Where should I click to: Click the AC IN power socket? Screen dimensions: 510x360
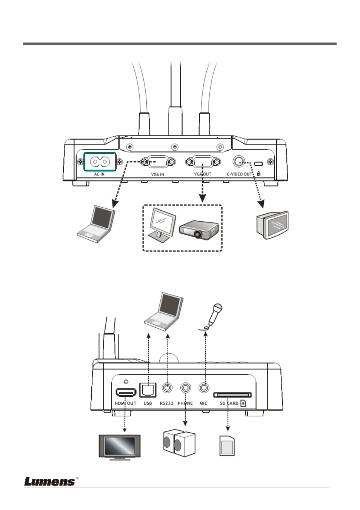click(99, 162)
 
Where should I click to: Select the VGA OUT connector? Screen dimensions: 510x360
click(203, 162)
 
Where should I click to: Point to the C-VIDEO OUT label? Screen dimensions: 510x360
click(239, 174)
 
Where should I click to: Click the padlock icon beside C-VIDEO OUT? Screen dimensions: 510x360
click(258, 174)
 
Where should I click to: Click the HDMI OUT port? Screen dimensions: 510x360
click(126, 393)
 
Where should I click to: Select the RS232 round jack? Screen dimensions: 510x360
click(166, 388)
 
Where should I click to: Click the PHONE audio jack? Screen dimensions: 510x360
click(185, 388)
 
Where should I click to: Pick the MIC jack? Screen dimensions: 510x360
click(204, 388)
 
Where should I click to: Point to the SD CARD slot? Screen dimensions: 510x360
click(232, 395)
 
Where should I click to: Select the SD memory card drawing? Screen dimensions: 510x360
click(227, 446)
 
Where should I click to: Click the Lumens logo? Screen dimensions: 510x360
click(50, 481)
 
